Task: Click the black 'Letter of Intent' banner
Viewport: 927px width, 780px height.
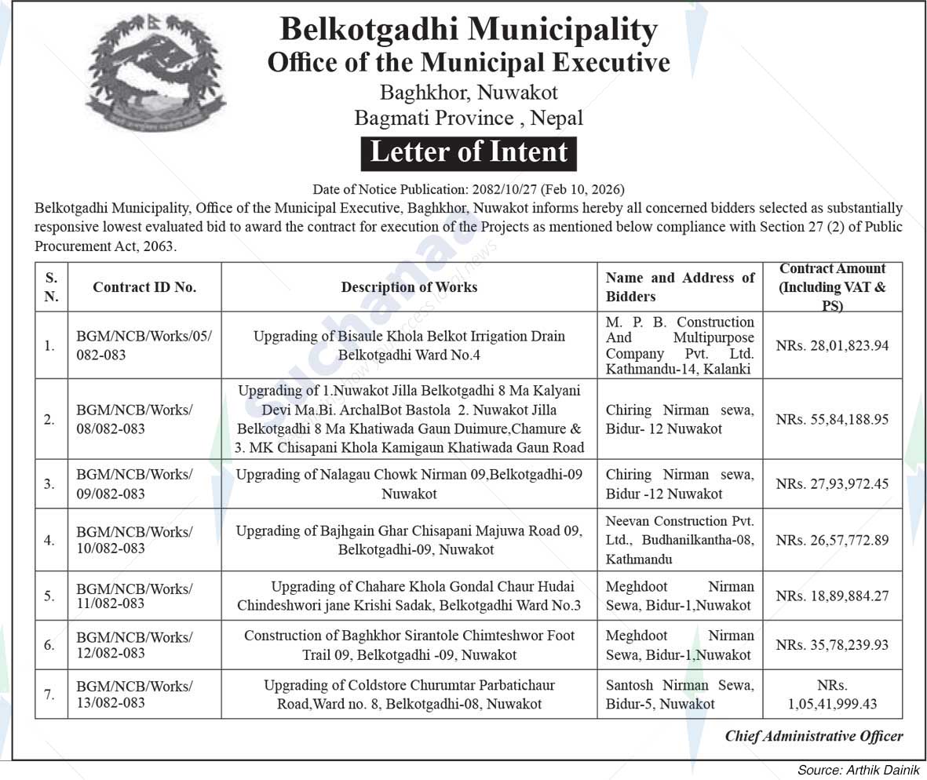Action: click(x=469, y=153)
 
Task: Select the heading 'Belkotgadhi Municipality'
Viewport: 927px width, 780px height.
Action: click(x=469, y=30)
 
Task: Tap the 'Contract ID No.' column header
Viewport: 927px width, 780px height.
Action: click(x=144, y=287)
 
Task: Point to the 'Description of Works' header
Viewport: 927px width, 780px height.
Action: click(x=409, y=287)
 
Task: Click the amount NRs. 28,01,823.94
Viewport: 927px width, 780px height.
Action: click(x=832, y=345)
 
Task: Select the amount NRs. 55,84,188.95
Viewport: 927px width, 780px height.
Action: click(x=832, y=420)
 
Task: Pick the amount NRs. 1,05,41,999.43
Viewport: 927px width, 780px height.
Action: click(x=832, y=695)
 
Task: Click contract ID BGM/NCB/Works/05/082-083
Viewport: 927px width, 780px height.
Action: click(x=144, y=345)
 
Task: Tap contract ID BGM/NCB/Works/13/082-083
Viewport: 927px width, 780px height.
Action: click(x=134, y=694)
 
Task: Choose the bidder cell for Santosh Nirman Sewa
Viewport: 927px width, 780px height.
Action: click(x=680, y=694)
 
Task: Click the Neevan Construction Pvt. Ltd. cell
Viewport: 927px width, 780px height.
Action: click(x=680, y=540)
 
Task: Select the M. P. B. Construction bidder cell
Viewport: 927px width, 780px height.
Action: click(x=680, y=345)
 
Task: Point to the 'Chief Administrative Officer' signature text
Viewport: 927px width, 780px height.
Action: click(x=813, y=736)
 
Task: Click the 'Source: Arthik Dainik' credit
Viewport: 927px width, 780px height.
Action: click(x=858, y=770)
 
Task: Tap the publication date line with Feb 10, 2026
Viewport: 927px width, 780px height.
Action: click(x=469, y=190)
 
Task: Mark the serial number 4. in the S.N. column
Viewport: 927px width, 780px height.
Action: click(x=49, y=540)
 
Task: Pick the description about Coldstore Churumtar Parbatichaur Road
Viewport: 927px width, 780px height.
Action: click(x=409, y=694)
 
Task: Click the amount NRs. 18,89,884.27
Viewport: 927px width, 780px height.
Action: click(x=832, y=596)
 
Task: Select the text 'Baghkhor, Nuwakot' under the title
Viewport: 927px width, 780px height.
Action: click(x=469, y=93)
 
